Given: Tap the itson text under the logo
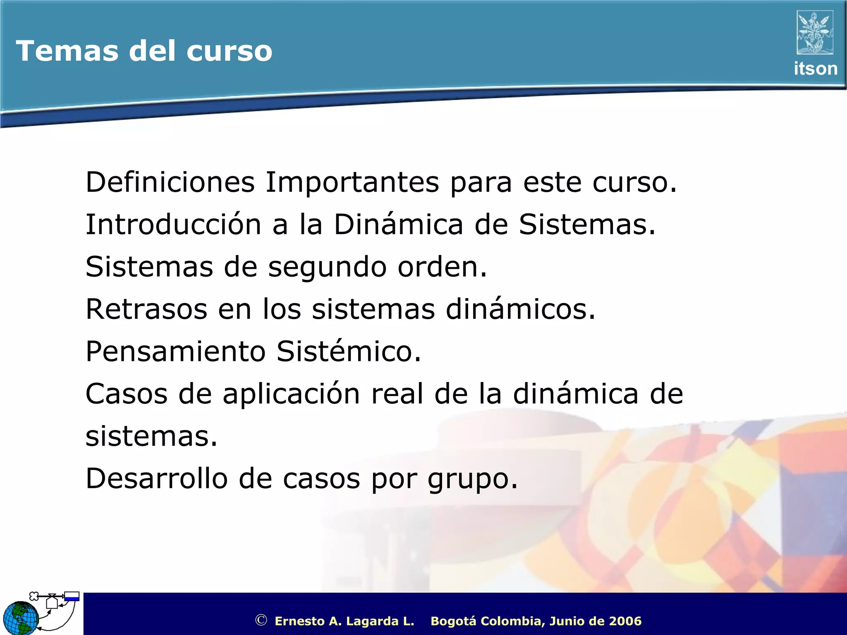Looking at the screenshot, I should [815, 69].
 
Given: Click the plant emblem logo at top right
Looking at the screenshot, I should [815, 32].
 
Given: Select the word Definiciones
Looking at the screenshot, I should [170, 182].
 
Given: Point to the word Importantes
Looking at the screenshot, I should [352, 182].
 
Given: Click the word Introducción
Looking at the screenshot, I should [173, 224].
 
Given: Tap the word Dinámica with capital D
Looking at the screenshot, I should [398, 224].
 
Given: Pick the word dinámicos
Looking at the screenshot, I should [521, 309].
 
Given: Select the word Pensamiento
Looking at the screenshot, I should [175, 352].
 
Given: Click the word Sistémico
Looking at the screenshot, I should [349, 352].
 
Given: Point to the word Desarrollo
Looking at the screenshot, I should [156, 479].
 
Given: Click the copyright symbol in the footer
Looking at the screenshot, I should [261, 620].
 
